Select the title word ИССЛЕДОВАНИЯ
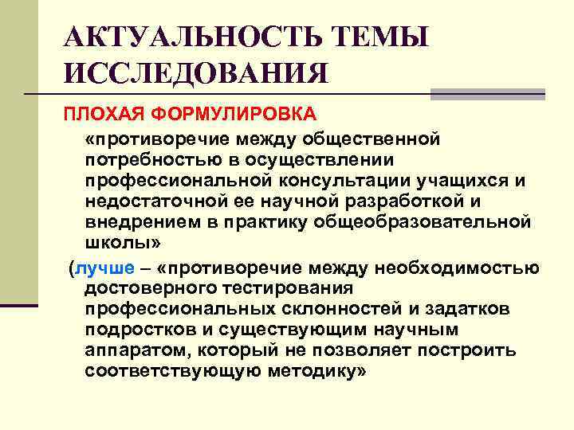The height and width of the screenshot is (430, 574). pos(195,74)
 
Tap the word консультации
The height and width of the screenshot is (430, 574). pos(363,181)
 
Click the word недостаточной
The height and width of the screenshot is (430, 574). pos(163,201)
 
